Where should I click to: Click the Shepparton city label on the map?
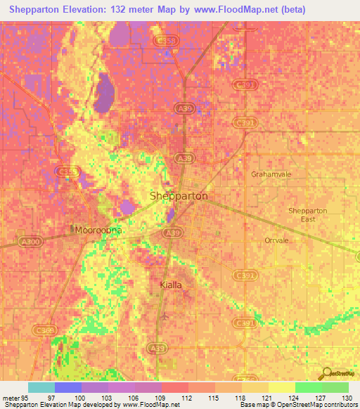[x=179, y=196]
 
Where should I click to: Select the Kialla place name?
[x=169, y=285]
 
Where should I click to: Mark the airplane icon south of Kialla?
[x=164, y=315]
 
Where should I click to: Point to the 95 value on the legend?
[x=23, y=398]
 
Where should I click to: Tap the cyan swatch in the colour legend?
[x=41, y=387]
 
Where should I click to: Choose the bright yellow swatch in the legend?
[x=282, y=387]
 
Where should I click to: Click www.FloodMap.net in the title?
[x=226, y=7]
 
